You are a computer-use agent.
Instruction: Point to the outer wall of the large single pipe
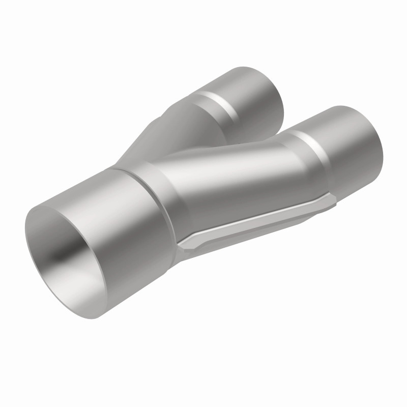click(x=127, y=224)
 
